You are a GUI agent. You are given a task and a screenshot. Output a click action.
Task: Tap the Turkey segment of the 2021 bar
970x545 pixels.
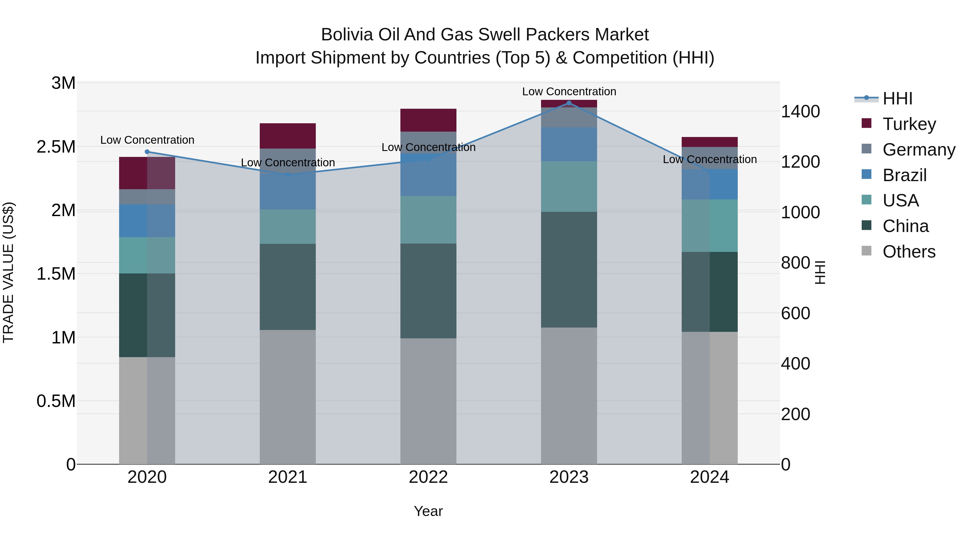pos(288,136)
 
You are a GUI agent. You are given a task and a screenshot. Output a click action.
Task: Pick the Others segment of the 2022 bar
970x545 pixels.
pos(428,401)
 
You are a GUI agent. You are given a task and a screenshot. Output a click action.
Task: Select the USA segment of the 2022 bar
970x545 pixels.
pos(428,220)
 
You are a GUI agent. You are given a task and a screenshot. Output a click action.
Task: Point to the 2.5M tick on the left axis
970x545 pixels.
pos(56,147)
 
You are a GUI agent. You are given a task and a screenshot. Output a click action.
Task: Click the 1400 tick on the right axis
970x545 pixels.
pos(800,111)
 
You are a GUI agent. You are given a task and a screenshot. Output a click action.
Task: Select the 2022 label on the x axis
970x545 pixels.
pos(428,477)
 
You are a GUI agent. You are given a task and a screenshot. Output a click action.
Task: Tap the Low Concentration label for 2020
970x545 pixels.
pos(147,140)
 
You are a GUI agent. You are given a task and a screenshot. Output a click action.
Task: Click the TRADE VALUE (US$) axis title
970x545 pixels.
pos(8,272)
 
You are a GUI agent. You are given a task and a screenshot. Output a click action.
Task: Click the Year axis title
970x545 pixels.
pos(428,511)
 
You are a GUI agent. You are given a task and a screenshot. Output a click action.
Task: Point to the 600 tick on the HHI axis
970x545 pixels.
pos(795,313)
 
